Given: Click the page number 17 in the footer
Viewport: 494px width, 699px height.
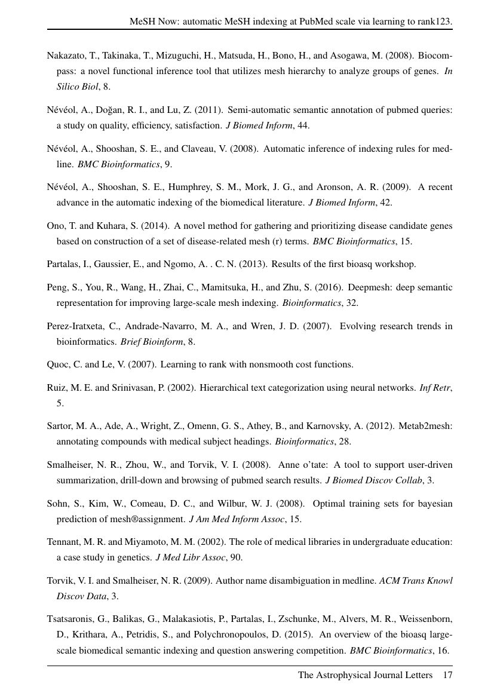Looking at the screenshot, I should tap(447, 675).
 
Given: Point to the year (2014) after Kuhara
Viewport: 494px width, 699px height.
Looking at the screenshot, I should tap(141, 226).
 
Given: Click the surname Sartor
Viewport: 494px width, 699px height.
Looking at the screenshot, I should tap(60, 426).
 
